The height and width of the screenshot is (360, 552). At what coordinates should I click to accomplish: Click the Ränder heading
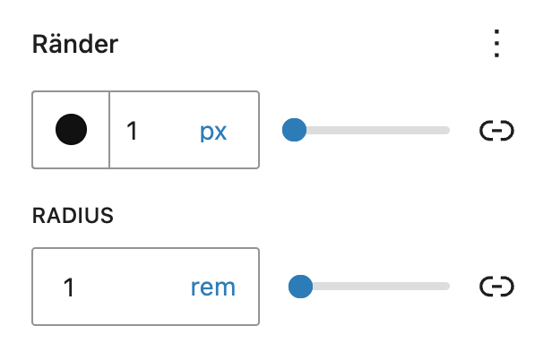coord(75,45)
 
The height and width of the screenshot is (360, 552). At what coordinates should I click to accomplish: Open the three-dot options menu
coord(496,43)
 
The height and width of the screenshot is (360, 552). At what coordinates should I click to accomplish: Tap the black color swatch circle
coord(71,130)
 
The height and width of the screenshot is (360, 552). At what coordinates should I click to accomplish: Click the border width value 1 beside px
coord(132,131)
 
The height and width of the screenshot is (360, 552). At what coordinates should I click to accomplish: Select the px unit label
coord(213,133)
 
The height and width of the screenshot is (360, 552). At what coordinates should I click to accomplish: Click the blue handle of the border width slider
coord(294,130)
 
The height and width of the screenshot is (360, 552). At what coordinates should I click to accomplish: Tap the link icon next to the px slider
coord(496,131)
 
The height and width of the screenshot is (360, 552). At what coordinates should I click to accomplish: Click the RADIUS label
coord(73,215)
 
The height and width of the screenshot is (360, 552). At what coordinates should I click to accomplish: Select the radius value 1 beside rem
coord(69,287)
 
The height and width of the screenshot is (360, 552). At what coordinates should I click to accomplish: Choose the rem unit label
coord(213,287)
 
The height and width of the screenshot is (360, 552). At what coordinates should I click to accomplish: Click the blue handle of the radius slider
coord(300,286)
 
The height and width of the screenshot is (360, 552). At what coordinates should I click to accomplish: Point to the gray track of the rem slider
coord(381,286)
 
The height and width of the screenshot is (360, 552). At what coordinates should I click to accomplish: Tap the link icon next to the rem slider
coord(496,287)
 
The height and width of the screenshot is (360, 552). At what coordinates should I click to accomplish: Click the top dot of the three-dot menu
coord(496,32)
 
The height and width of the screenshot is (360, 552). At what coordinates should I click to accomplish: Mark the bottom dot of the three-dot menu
coord(496,55)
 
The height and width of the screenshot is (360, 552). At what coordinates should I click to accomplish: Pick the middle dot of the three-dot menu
coord(496,43)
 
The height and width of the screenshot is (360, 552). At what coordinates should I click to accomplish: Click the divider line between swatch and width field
coord(109,130)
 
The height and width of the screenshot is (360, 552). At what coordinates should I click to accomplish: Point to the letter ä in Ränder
coord(56,46)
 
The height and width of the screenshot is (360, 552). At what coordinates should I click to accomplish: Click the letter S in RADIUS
coord(107,215)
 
